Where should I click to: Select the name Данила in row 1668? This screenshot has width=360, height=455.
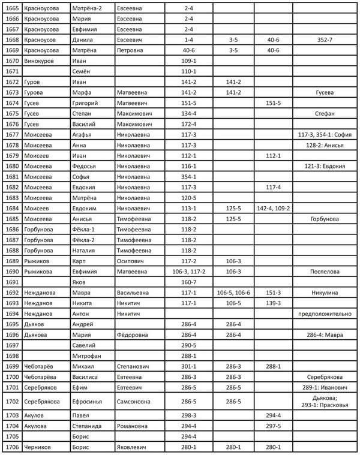pos(83,39)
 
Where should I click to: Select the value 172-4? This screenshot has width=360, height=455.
pos(190,123)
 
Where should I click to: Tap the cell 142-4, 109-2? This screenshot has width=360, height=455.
pos(273,208)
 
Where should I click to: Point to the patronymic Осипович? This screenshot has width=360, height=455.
pos(133,261)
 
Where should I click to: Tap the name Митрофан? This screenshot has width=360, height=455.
pos(86,355)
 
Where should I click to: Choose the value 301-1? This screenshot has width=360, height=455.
pos(190,366)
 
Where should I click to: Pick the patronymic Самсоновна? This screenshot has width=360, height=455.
pos(137,402)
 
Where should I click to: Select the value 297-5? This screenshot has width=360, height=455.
pos(273,426)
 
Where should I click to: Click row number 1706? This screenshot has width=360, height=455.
pos(11,447)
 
